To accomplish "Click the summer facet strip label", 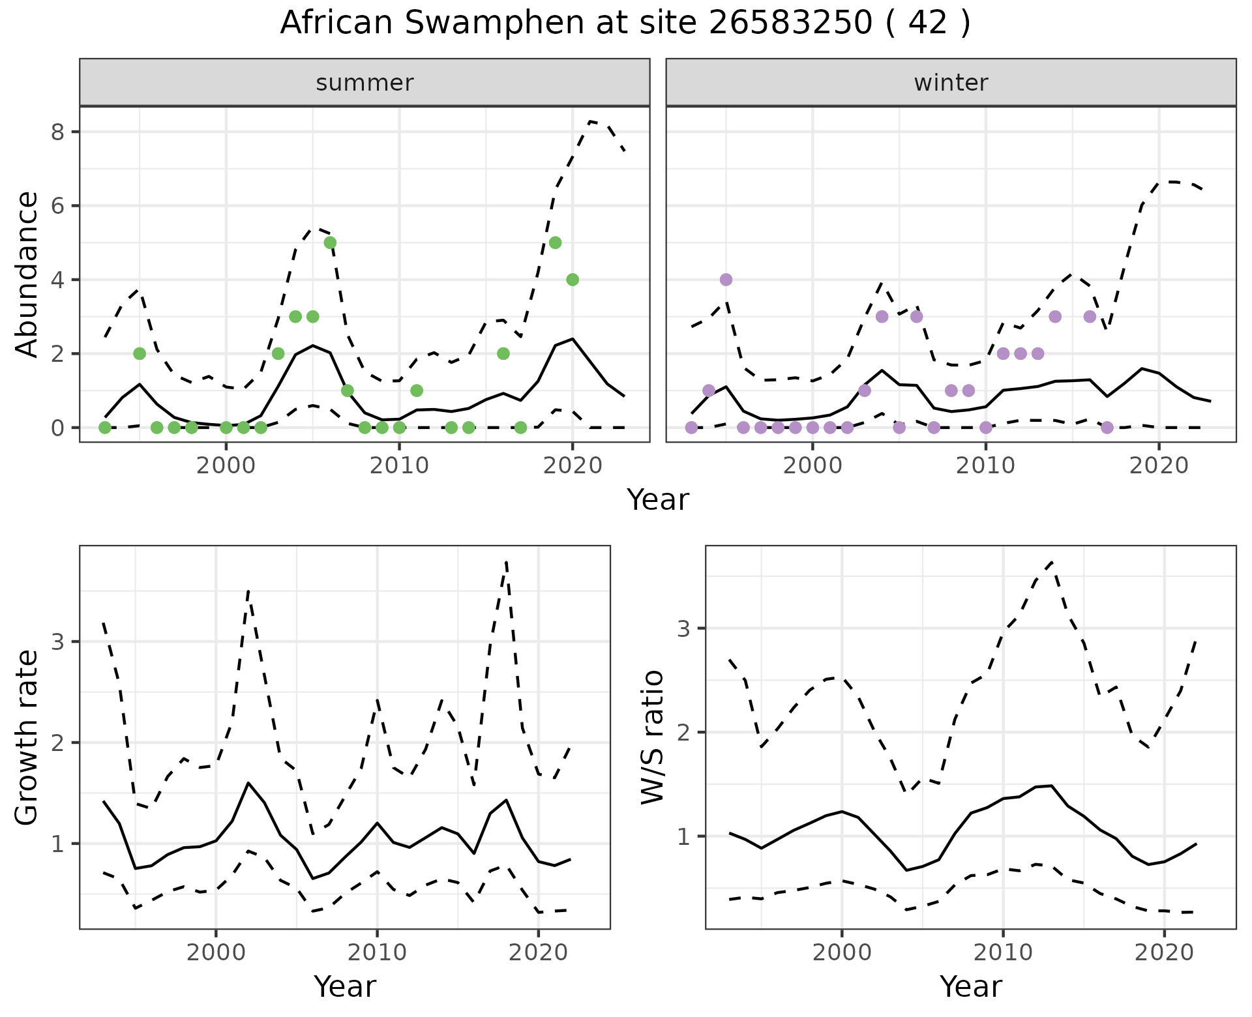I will pyautogui.click(x=365, y=83).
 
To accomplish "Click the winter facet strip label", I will pyautogui.click(x=951, y=83).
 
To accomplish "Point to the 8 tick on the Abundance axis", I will pyautogui.click(x=57, y=132).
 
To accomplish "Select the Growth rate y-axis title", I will pyautogui.click(x=27, y=737).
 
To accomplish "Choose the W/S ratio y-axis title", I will pyautogui.click(x=653, y=737).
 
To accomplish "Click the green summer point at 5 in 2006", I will pyautogui.click(x=330, y=243).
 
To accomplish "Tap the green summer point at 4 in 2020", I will pyautogui.click(x=573, y=280).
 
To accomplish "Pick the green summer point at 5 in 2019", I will pyautogui.click(x=556, y=243).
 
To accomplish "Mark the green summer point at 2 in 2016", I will pyautogui.click(x=503, y=353).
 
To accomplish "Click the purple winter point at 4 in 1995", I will pyautogui.click(x=726, y=280).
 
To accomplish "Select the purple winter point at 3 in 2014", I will pyautogui.click(x=1055, y=317).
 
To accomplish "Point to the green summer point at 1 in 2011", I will pyautogui.click(x=417, y=391).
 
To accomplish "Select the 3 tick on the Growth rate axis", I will pyautogui.click(x=57, y=642).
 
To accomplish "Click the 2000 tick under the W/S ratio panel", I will pyautogui.click(x=842, y=952).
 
